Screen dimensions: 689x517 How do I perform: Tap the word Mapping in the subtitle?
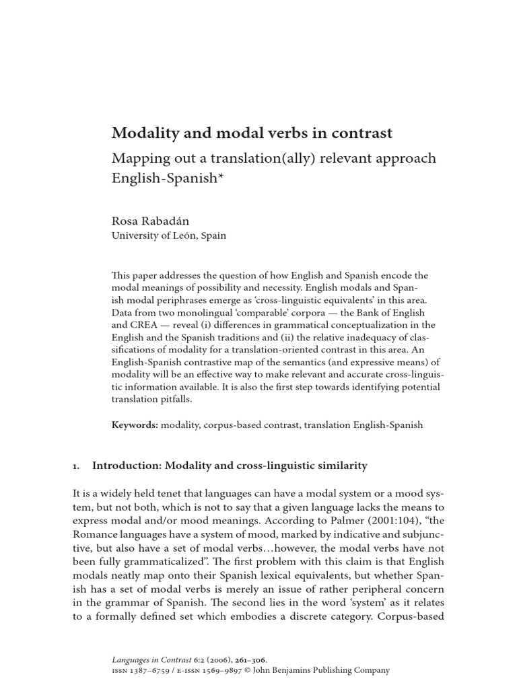141,159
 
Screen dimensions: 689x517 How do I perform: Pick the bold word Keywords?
134,425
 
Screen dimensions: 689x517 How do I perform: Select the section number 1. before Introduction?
75,466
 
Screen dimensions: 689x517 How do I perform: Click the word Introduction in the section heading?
125,465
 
